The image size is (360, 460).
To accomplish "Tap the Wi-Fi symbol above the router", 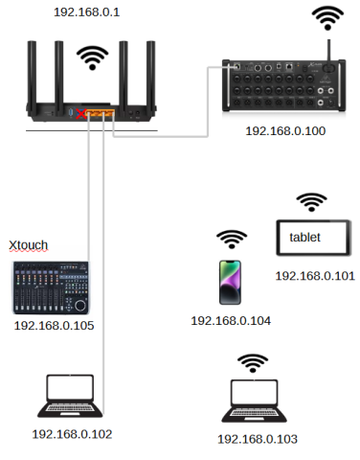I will [93, 58].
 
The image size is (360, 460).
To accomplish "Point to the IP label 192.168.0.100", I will [284, 130].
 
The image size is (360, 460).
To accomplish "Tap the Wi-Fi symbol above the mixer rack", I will [329, 18].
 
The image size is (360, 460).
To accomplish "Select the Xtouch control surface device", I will [53, 287].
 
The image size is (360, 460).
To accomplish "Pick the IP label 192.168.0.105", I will [54, 326].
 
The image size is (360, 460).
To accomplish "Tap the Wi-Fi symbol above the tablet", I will [310, 201].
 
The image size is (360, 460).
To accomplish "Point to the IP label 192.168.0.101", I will [315, 275].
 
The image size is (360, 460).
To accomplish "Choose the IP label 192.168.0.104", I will [231, 320].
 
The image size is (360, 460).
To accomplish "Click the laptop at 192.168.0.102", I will [70, 396].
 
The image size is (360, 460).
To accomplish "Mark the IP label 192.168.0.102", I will [72, 434].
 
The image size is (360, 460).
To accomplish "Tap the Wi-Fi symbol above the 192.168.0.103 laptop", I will [254, 362].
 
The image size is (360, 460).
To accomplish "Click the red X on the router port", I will [85, 115].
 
